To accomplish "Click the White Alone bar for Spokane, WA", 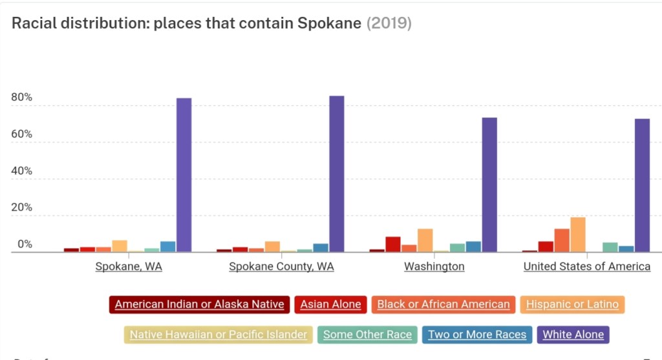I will [184, 175].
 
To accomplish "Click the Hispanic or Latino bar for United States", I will [578, 235].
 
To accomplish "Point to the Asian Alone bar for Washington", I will [393, 244].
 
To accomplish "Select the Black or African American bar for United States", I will [562, 240].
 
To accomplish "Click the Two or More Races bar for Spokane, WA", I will [168, 246].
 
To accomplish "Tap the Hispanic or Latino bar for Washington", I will [425, 240].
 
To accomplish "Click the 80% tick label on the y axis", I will [21, 98].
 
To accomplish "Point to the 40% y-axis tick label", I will [21, 171].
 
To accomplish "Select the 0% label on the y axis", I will [25, 244].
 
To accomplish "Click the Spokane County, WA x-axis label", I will [281, 266].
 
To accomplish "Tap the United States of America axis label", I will [586, 266].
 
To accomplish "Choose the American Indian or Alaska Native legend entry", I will [199, 304].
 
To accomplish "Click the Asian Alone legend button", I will [330, 304].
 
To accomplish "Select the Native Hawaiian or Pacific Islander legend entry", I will [219, 334].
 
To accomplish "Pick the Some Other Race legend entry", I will [367, 334].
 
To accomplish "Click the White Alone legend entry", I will [573, 334].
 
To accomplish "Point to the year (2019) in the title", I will [389, 23].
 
